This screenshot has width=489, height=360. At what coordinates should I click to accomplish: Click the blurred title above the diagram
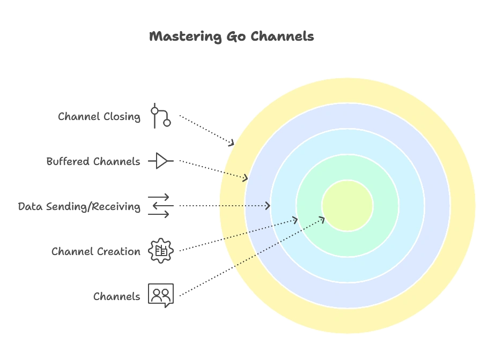(232, 37)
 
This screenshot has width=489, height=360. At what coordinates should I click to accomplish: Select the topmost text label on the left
(99, 117)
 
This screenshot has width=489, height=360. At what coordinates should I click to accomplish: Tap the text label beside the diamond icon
(94, 161)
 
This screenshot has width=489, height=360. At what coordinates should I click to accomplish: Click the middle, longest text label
(79, 207)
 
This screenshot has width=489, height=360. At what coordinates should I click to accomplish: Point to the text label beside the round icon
(97, 251)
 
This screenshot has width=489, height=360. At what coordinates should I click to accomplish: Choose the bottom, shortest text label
(116, 296)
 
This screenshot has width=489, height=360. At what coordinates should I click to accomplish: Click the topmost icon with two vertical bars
(160, 116)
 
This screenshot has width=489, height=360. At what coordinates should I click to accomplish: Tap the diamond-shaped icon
(159, 161)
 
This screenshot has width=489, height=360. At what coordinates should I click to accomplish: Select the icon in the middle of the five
(159, 206)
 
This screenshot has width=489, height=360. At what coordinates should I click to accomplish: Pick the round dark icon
(160, 250)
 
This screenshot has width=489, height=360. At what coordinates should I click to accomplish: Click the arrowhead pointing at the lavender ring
(246, 178)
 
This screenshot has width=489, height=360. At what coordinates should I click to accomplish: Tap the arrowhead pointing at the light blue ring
(268, 206)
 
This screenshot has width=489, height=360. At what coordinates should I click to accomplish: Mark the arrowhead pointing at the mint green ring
(295, 219)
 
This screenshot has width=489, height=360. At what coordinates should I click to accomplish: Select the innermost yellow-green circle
(347, 206)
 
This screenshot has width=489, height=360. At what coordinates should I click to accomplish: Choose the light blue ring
(347, 141)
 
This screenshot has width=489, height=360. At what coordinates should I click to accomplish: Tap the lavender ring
(347, 116)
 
